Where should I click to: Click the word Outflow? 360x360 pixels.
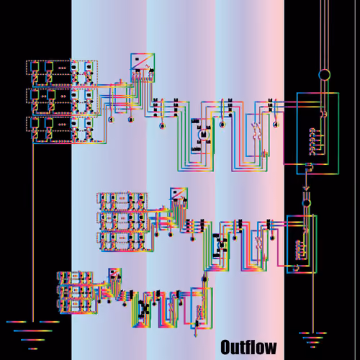(248, 347)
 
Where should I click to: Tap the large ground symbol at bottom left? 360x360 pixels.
(33, 336)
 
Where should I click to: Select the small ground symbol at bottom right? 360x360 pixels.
(312, 340)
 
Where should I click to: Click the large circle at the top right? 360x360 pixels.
(324, 75)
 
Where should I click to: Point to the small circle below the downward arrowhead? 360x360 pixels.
(306, 203)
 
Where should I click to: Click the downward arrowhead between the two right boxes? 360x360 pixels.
(306, 189)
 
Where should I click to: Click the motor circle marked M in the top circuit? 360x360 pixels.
(204, 135)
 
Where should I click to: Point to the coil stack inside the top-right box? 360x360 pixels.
(312, 142)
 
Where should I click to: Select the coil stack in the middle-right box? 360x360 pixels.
(298, 250)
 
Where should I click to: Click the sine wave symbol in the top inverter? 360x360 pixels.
(147, 65)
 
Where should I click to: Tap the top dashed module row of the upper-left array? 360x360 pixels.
(62, 68)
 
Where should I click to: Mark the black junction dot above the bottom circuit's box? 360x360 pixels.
(204, 279)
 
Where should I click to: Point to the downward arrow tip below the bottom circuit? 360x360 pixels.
(196, 336)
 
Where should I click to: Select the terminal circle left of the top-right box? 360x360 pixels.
(276, 125)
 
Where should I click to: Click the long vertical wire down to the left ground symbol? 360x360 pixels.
(33, 233)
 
